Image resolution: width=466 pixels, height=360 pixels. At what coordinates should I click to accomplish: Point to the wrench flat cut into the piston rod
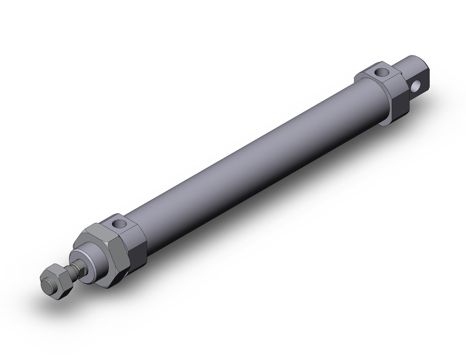click(74, 270)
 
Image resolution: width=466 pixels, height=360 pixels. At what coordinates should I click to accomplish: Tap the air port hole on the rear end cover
click(382, 72)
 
